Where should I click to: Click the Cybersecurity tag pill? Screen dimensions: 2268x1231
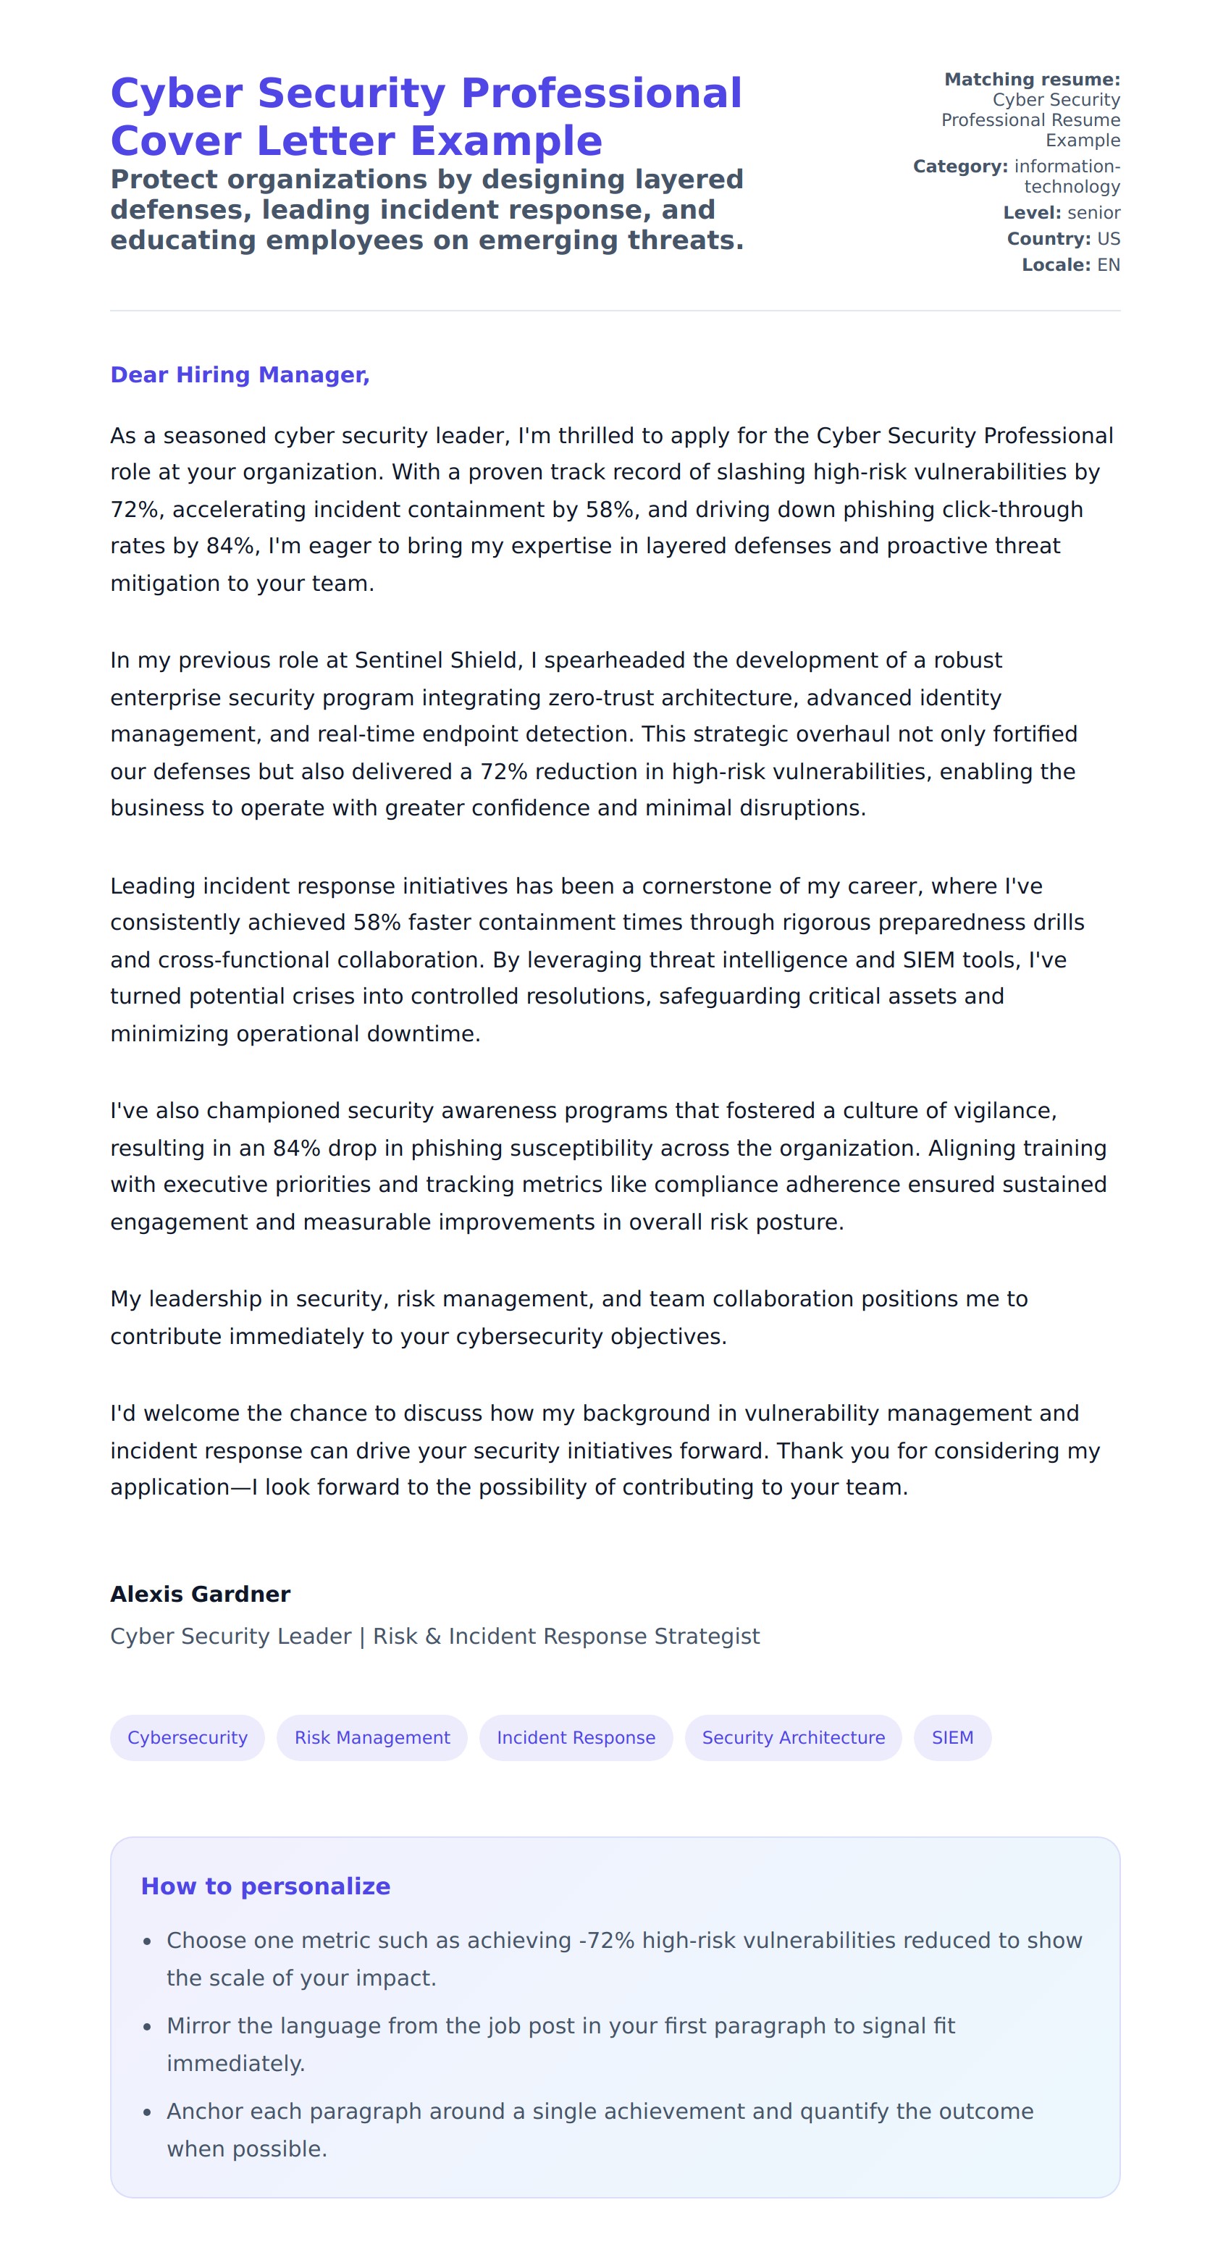click(x=187, y=1737)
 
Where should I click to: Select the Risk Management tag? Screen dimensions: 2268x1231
click(x=371, y=1737)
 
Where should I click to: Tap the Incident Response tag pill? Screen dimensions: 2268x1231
click(x=576, y=1737)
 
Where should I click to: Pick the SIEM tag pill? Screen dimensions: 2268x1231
click(x=952, y=1737)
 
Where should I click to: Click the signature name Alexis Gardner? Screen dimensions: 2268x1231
click(x=200, y=1594)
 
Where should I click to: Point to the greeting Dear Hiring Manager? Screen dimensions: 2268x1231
click(x=240, y=375)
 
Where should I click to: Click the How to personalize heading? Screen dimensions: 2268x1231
click(x=265, y=1885)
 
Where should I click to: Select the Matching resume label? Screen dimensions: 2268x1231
click(x=1031, y=79)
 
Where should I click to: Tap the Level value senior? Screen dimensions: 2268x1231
click(x=1093, y=212)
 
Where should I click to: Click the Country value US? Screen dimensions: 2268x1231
click(x=1108, y=238)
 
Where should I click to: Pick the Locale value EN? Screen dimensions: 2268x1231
click(x=1108, y=265)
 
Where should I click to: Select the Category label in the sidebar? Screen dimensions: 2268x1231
click(x=959, y=167)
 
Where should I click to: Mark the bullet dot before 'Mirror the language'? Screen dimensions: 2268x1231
click(x=147, y=2027)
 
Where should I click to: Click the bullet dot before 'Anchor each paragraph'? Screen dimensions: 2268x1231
click(x=147, y=2112)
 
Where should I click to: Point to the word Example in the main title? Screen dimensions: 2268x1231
click(x=506, y=141)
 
